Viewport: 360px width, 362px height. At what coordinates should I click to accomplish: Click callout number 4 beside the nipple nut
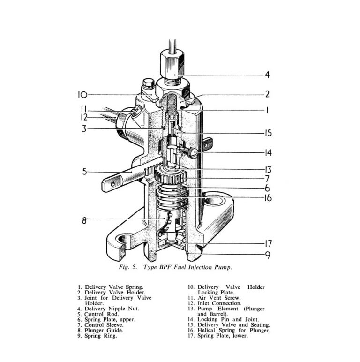tap(267, 75)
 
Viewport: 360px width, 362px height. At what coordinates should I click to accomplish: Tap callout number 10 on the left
tap(82, 95)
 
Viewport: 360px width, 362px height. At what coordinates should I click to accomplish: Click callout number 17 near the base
tap(268, 244)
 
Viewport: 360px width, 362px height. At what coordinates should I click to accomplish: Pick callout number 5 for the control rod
tap(85, 172)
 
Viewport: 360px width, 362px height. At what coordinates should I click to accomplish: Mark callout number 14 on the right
tap(267, 152)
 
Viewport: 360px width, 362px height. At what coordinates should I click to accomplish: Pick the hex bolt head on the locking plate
tap(146, 86)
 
